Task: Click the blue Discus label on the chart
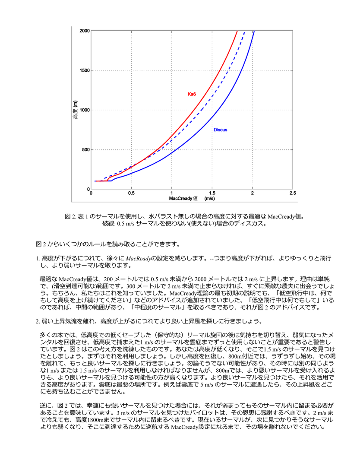220,130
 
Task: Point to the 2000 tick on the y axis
84,31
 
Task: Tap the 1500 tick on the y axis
84,70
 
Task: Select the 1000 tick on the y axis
84,110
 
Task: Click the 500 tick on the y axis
85,150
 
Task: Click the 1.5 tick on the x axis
212,193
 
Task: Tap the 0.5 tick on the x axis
131,193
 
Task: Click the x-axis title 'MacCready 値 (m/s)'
192,198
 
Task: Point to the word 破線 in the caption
107,223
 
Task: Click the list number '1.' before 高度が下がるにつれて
38,258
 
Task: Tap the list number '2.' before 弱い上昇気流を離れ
38,321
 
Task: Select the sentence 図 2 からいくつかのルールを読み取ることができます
107,244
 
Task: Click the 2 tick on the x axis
253,193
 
